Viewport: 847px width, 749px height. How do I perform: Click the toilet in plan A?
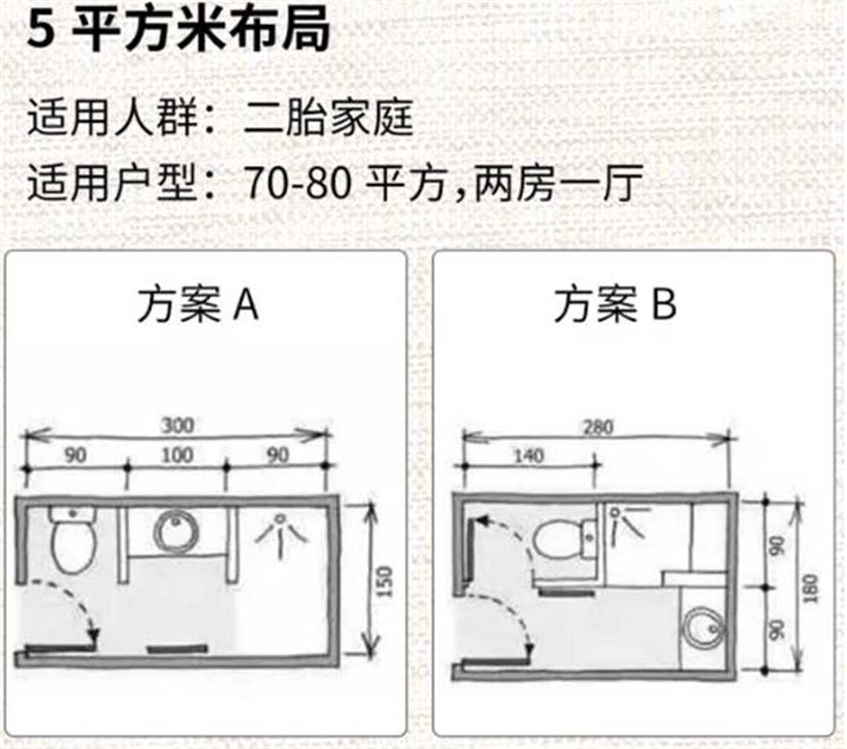coord(73,538)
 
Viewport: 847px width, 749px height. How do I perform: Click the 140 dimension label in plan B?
coord(530,455)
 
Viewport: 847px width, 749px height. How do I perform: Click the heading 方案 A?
coord(198,306)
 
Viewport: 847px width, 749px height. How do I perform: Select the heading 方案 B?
coord(615,306)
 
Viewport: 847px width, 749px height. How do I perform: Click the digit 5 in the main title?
coord(38,31)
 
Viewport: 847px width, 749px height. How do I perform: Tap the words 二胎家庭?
coord(329,121)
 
